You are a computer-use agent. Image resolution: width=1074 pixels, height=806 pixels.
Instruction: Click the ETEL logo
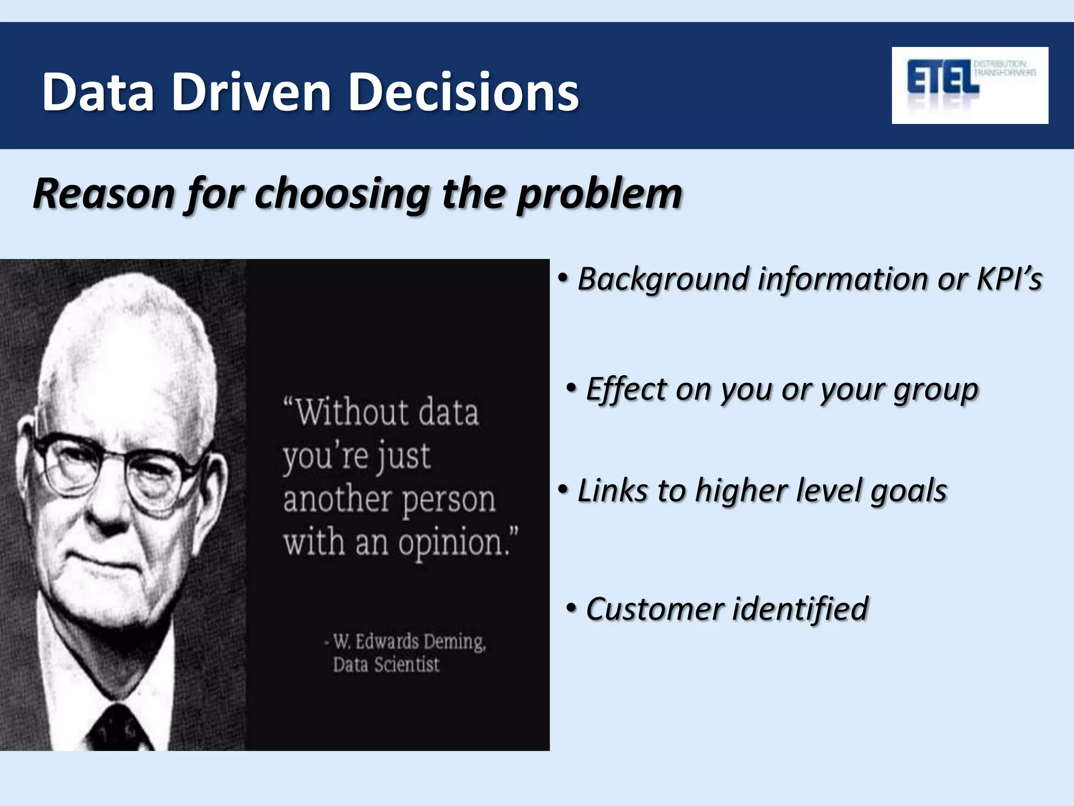(970, 85)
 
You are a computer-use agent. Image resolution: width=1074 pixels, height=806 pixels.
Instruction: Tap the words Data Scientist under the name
(386, 665)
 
